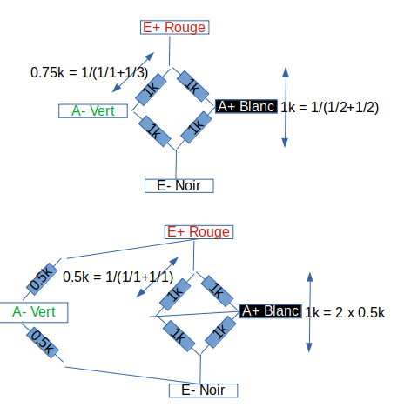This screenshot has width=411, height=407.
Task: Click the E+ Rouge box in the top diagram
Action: [x=174, y=27]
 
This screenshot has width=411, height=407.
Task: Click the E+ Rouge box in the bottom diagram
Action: [x=199, y=232]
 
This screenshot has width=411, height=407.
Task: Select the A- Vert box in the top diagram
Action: [x=93, y=111]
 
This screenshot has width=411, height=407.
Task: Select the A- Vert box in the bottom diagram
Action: [x=34, y=312]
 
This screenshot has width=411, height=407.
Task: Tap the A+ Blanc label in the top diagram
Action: [x=246, y=106]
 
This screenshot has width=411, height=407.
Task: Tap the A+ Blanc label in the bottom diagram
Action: [x=271, y=311]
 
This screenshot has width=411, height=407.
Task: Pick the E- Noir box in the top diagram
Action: [x=179, y=186]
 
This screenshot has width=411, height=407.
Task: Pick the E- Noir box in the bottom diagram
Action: [x=204, y=390]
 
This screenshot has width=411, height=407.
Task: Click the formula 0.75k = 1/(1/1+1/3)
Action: [x=89, y=72]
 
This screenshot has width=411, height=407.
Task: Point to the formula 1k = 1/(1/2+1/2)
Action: [x=329, y=107]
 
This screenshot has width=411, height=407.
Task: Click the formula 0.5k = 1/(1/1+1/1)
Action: [x=118, y=277]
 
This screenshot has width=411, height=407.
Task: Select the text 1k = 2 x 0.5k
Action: [x=345, y=312]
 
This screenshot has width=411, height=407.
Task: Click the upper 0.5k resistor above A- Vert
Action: [x=42, y=279]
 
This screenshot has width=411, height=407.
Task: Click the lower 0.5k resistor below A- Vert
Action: [x=43, y=343]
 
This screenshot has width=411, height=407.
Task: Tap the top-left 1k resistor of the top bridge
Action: [x=151, y=90]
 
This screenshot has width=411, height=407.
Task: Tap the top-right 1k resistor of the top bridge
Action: [x=192, y=86]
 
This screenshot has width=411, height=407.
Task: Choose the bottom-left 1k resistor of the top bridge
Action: [x=155, y=131]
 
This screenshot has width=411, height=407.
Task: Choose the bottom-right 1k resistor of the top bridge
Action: [x=196, y=127]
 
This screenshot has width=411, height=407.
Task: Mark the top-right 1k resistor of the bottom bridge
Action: [x=217, y=290]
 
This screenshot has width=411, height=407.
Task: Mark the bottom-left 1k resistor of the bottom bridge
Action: [x=179, y=336]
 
